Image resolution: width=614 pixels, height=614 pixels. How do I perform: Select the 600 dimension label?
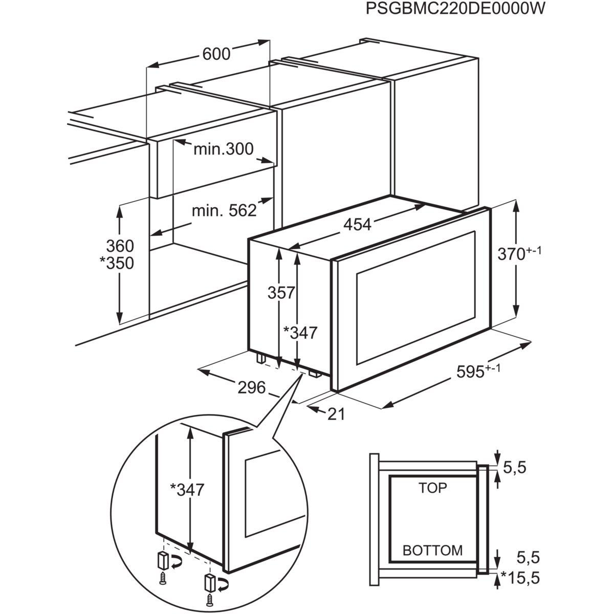(x=215, y=53)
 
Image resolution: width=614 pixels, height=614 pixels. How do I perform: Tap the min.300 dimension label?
(x=223, y=149)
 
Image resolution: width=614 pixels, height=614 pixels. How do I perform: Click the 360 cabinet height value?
(x=119, y=245)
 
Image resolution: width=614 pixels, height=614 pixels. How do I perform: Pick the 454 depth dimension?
(x=357, y=224)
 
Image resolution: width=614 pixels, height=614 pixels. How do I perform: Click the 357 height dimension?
(x=281, y=293)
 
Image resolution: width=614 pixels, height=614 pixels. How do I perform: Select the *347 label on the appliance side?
(x=301, y=333)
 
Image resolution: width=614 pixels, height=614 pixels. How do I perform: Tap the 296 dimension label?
(x=252, y=387)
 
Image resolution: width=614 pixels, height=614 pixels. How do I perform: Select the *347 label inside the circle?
(x=187, y=490)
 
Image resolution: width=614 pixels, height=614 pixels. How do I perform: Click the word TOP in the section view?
(x=432, y=488)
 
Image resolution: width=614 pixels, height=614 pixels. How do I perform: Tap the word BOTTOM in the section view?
(x=432, y=551)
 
